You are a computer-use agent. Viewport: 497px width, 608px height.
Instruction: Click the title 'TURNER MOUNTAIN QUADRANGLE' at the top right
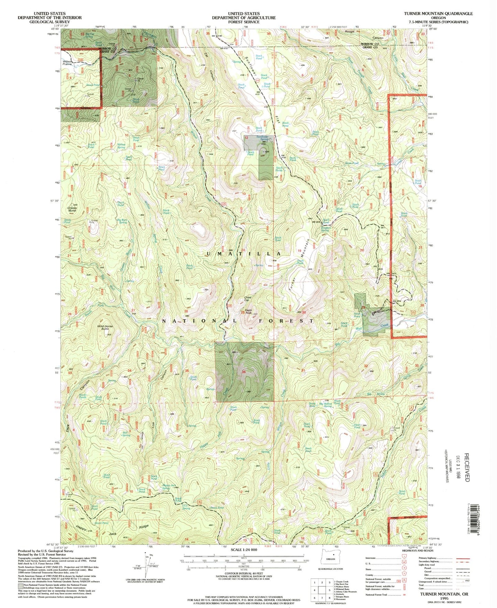click(438, 13)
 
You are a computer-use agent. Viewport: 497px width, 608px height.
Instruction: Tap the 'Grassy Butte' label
click(73, 209)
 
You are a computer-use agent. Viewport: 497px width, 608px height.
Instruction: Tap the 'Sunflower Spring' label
click(262, 138)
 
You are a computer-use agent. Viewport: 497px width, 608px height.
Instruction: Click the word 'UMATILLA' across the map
click(244, 253)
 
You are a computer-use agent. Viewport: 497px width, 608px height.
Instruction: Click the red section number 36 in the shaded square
click(244, 372)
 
